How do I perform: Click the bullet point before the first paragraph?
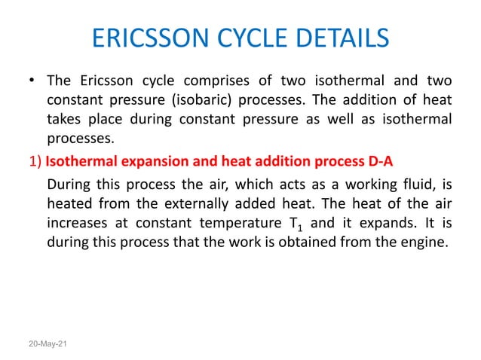click(31, 81)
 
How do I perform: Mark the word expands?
click(394, 222)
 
